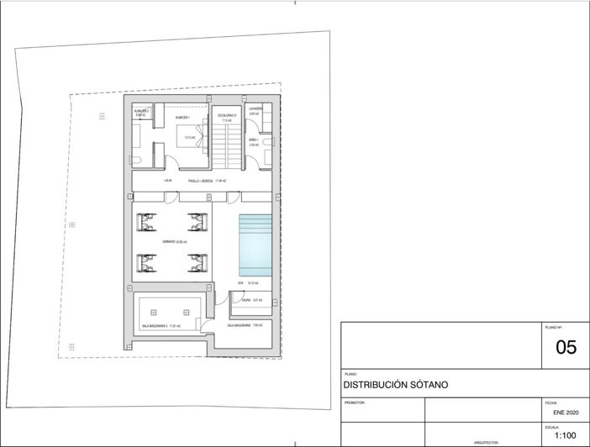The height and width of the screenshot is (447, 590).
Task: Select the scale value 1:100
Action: point(565,435)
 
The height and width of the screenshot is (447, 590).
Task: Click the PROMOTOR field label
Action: point(354,402)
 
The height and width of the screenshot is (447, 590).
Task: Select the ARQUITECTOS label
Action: point(486,442)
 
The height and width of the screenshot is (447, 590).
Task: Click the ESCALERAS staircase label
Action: point(229,115)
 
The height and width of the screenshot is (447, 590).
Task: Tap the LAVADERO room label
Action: point(255,108)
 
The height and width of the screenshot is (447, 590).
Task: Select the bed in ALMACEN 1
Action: point(186,139)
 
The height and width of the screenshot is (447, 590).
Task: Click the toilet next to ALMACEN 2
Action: point(136,159)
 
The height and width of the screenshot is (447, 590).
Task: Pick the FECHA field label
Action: point(550,402)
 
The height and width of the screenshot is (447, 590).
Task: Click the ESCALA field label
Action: point(551,426)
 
